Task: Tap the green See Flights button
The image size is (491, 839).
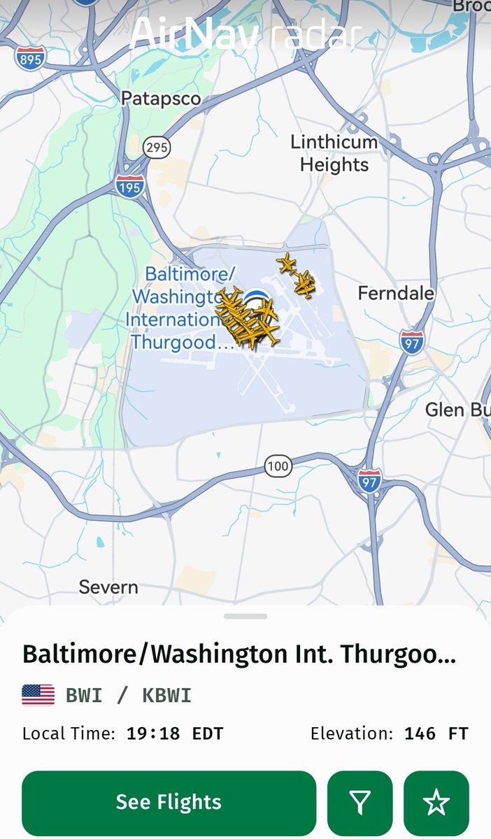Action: (169, 803)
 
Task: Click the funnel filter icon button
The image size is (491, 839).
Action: (360, 803)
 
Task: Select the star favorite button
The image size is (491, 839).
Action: (436, 803)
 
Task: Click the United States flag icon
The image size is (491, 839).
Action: (38, 695)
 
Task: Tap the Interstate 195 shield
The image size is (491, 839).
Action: (130, 185)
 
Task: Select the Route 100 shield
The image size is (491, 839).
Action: (278, 466)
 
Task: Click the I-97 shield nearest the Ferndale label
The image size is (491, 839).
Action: (411, 342)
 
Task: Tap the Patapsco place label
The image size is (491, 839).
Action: (161, 99)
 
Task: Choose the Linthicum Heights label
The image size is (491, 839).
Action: (334, 153)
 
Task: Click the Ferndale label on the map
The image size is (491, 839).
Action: (396, 293)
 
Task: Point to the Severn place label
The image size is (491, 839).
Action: (108, 587)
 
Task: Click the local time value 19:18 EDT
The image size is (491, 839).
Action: (174, 734)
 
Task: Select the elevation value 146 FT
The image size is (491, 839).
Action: (436, 734)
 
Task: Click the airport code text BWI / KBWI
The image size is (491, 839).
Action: (128, 696)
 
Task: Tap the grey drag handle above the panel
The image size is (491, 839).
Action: (245, 616)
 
